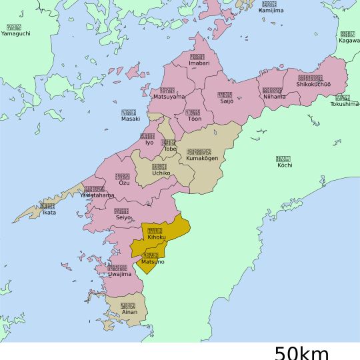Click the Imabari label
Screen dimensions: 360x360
[x=198, y=63]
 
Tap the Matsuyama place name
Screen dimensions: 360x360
[x=169, y=97]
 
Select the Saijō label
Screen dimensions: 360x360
[x=225, y=103]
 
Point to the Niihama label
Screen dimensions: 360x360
[x=273, y=97]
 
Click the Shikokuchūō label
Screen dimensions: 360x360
[x=309, y=84]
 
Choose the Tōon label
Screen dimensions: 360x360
[x=194, y=119]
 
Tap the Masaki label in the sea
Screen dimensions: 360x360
[x=131, y=119]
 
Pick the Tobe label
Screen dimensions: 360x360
[x=170, y=149]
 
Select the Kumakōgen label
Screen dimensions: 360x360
[x=202, y=158]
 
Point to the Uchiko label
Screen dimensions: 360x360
[x=161, y=173]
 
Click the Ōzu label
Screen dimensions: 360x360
[x=124, y=183]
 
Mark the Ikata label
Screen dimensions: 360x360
[x=49, y=213]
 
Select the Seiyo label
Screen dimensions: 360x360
[x=123, y=217]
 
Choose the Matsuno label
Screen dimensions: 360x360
[x=152, y=262]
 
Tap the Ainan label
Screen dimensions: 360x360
[x=129, y=311]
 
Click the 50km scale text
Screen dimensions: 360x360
[x=301, y=352]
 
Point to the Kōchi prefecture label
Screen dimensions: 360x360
[x=283, y=165]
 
